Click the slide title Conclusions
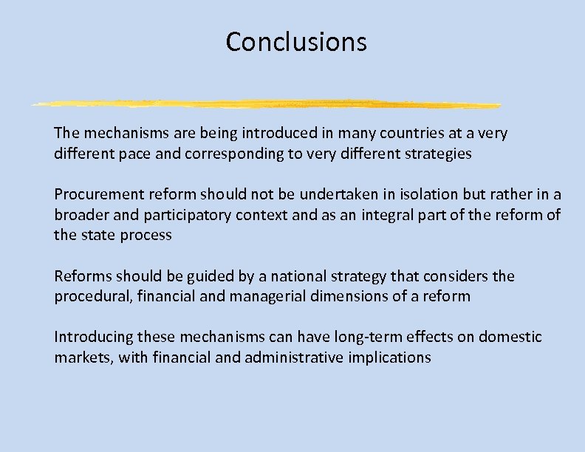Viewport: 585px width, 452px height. tap(296, 42)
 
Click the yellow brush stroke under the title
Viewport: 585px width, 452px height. tap(266, 103)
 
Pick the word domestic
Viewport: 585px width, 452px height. tap(510, 338)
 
